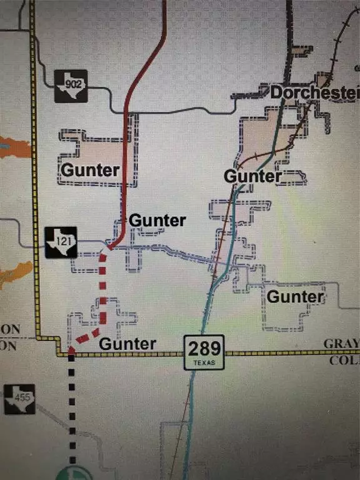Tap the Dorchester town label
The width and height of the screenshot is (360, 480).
point(314,93)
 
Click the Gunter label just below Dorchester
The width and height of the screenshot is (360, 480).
point(252,176)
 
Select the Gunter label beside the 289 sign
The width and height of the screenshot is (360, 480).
point(127,343)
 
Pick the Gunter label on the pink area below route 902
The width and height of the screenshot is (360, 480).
point(91,169)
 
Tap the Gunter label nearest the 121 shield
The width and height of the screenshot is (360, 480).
point(157,221)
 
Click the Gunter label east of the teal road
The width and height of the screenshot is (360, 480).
point(296,296)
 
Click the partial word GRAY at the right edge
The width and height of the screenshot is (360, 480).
point(341,344)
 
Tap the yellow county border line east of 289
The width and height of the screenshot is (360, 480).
point(281,353)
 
